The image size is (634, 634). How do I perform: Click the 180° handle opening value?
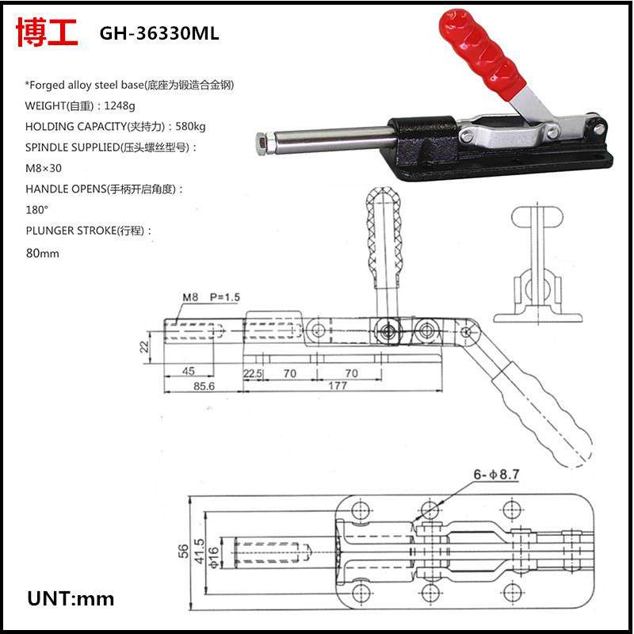[x=37, y=210]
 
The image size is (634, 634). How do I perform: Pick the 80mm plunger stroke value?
[x=43, y=253]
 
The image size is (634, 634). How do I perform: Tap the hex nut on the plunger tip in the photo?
[x=265, y=143]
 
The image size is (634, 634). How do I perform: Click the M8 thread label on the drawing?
[x=190, y=297]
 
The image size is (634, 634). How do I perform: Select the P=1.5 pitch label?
[x=225, y=297]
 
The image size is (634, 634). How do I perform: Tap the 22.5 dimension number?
[x=253, y=372]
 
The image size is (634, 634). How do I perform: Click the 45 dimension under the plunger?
[x=189, y=371]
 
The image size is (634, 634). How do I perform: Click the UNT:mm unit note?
[x=71, y=598]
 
